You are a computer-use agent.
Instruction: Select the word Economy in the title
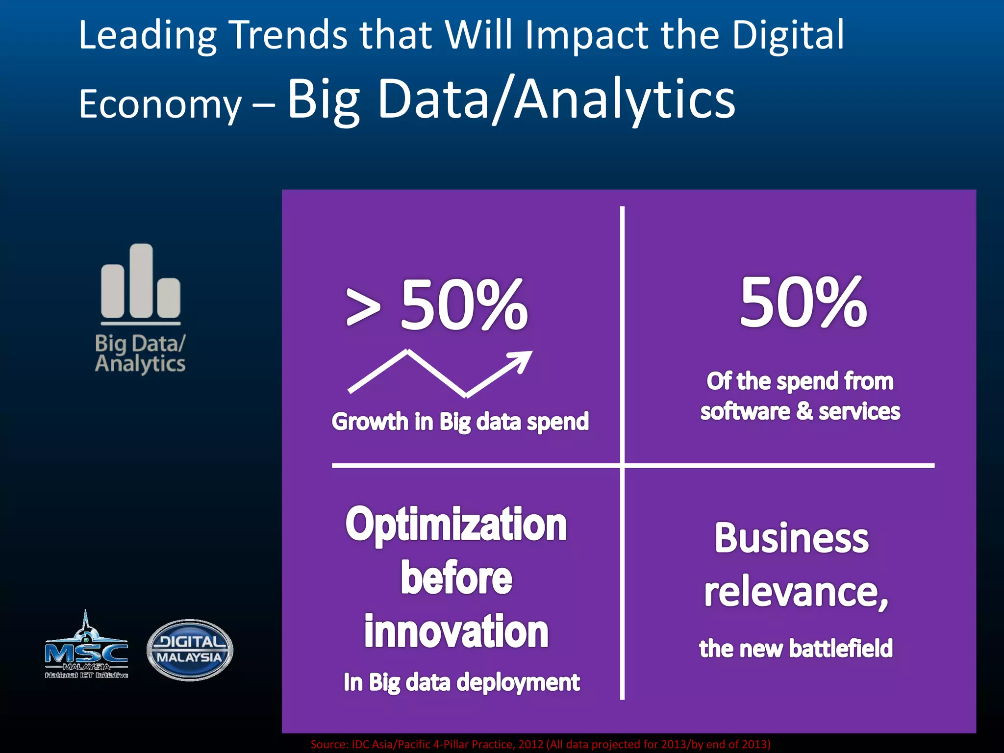(x=160, y=104)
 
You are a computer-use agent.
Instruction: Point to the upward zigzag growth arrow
(x=439, y=373)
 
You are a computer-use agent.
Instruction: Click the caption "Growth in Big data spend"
(x=460, y=422)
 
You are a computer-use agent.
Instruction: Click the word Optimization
(x=456, y=525)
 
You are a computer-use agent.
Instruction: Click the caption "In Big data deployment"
(x=461, y=682)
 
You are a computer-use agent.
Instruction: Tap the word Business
(x=791, y=538)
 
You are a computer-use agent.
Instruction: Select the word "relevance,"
(x=796, y=592)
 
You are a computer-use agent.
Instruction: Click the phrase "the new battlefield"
(x=796, y=649)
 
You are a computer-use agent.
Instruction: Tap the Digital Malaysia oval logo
(x=190, y=650)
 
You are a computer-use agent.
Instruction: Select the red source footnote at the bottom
(x=540, y=744)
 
